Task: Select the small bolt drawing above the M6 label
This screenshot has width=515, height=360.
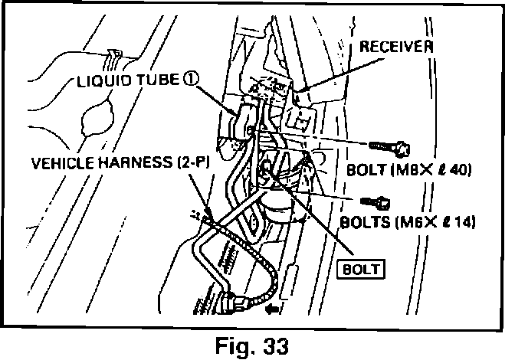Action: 376,202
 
